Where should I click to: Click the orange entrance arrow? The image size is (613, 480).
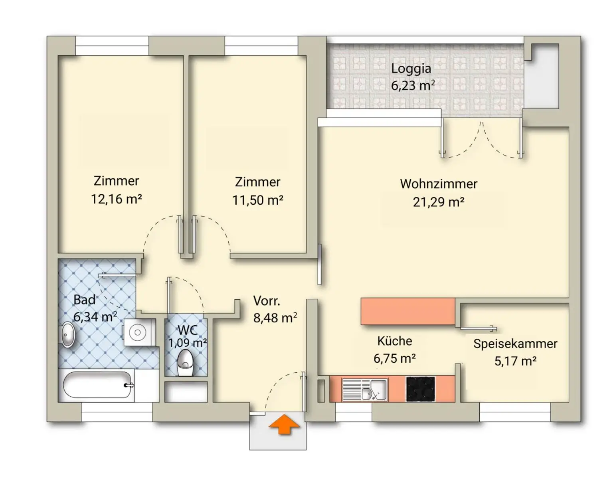[x=284, y=425]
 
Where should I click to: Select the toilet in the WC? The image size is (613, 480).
[x=185, y=362]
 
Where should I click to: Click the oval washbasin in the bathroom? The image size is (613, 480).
[x=67, y=334]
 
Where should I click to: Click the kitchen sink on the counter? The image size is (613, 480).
[x=365, y=389]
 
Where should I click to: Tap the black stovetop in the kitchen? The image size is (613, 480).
[x=420, y=389]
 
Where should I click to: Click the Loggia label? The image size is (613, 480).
[x=411, y=69]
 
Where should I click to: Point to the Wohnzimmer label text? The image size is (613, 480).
[x=438, y=184]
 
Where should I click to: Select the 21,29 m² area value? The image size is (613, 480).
[x=438, y=202]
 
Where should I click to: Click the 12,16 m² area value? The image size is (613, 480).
[x=116, y=199]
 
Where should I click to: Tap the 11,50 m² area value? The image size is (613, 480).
[x=257, y=200]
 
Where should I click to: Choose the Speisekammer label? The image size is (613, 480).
[x=515, y=344]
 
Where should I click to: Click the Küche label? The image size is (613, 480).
[x=394, y=341]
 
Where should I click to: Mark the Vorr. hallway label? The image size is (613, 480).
[x=267, y=300]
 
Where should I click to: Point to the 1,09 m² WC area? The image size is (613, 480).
[x=187, y=343]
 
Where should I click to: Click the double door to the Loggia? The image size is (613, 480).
[x=482, y=140]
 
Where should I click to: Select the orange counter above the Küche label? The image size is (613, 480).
[x=408, y=311]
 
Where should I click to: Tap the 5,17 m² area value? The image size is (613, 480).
[x=515, y=361]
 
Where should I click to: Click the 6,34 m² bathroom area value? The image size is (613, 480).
[x=95, y=317]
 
